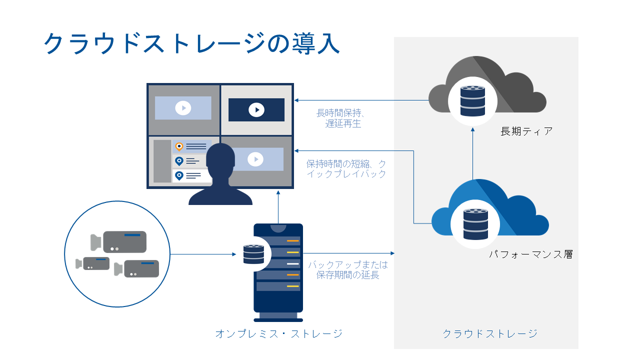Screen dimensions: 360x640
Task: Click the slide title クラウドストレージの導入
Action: (x=192, y=44)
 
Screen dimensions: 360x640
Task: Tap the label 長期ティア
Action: (x=526, y=131)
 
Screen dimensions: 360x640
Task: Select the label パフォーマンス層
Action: (x=530, y=254)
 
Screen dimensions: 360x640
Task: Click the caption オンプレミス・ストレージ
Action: (x=279, y=333)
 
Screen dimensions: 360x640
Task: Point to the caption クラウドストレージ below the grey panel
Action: (x=490, y=333)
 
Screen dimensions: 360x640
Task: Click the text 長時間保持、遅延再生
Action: (x=343, y=118)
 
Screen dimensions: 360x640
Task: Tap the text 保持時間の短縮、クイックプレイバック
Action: (x=346, y=169)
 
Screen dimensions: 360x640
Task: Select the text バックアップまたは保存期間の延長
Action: (x=347, y=269)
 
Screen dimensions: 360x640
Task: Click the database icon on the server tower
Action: (x=253, y=254)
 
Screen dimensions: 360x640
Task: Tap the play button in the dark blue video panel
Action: (x=256, y=110)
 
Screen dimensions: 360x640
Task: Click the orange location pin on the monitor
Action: (x=179, y=146)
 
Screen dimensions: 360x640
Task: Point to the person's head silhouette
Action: (x=220, y=159)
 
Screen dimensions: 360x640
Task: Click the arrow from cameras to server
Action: (x=202, y=254)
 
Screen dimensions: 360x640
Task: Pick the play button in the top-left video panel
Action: (x=183, y=108)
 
